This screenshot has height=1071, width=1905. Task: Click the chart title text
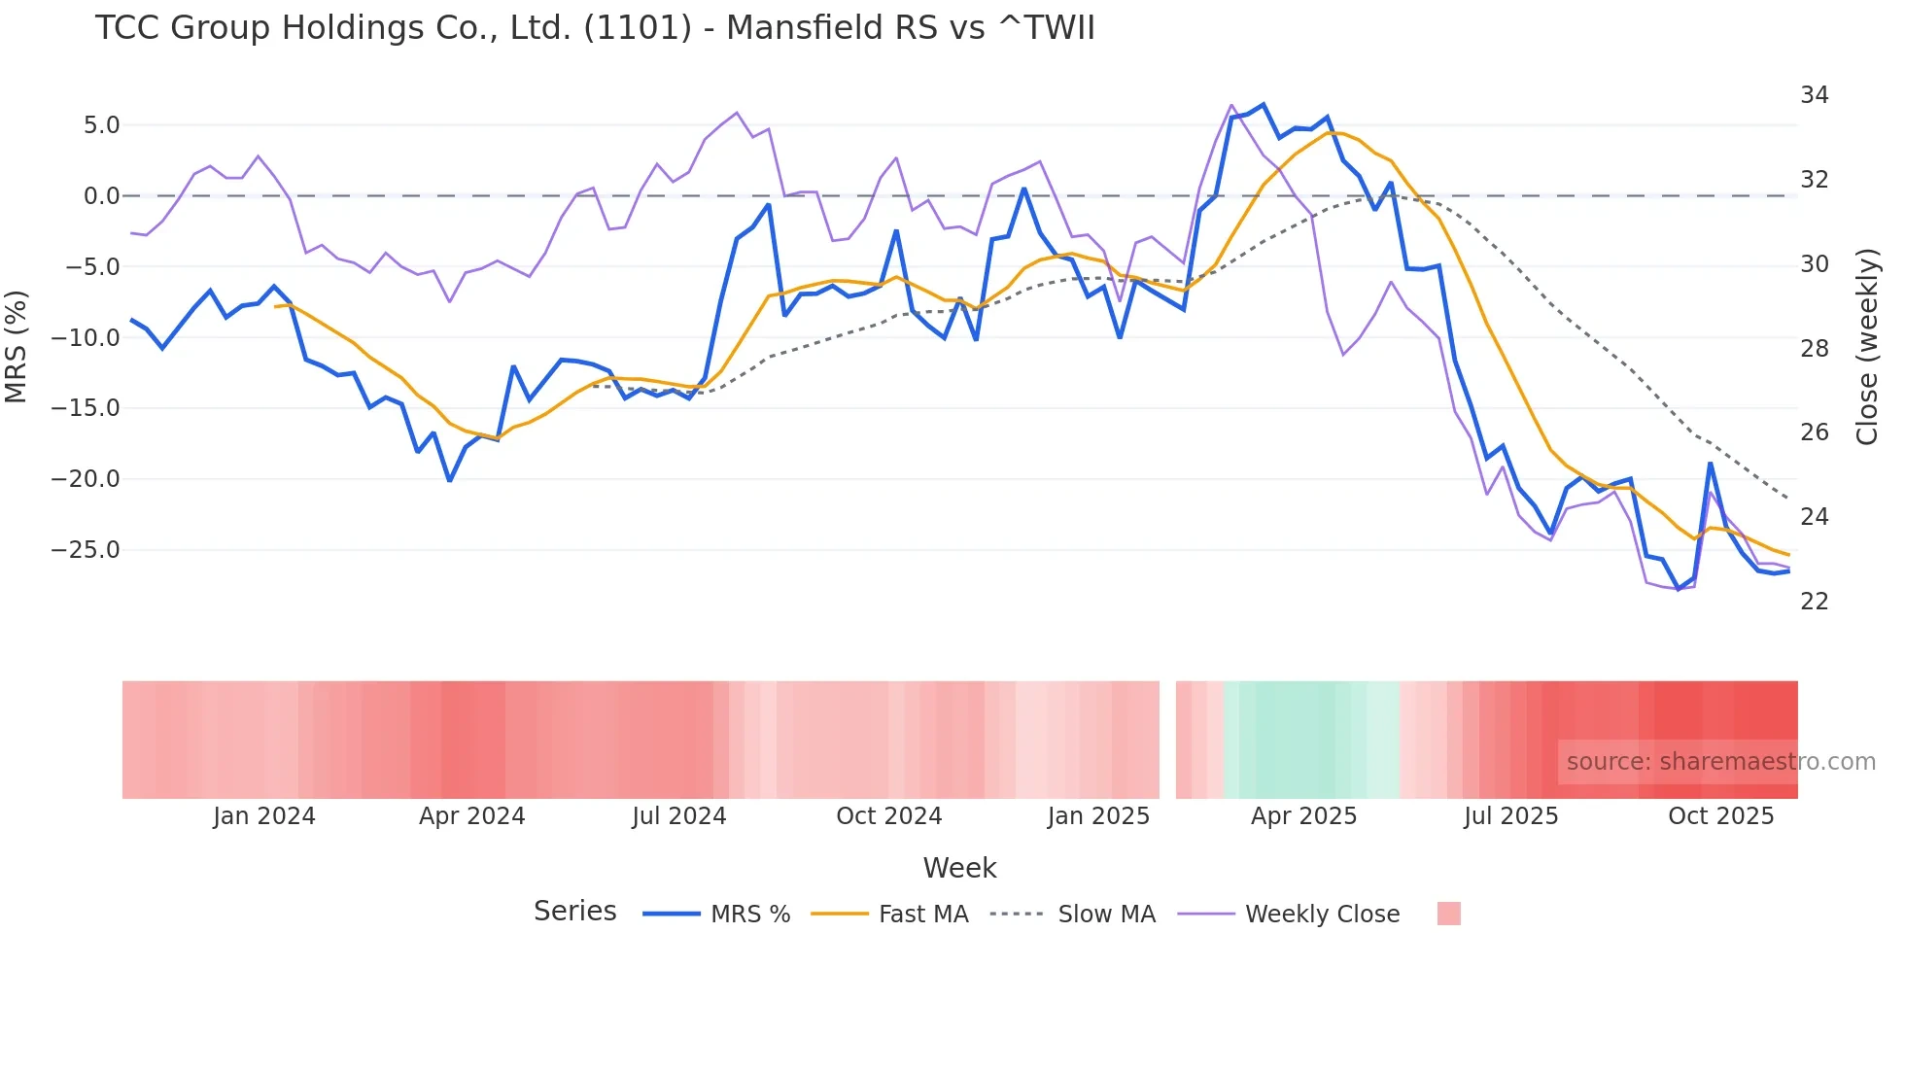coord(595,28)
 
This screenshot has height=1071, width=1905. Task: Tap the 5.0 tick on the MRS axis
coord(101,125)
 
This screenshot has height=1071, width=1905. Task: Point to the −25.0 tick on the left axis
coord(86,550)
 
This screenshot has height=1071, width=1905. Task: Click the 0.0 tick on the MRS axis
coord(101,196)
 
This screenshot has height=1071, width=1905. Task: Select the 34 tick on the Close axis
coord(1814,95)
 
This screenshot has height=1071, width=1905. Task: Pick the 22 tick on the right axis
coord(1814,602)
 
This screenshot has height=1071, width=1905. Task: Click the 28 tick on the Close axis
coord(1814,349)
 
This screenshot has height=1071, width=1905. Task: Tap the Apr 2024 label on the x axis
coord(471,816)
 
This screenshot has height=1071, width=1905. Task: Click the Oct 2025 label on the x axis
coord(1720,816)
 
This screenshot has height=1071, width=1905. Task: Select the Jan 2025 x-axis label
coord(1098,816)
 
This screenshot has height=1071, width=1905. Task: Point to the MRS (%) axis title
coord(17,346)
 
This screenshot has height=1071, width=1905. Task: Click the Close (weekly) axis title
coord(1867,346)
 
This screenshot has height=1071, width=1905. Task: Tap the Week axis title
coord(959,868)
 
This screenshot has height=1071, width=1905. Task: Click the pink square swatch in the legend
coord(1448,914)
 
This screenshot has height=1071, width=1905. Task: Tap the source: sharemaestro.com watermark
coord(1720,762)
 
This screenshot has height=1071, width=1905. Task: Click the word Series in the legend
coord(574,912)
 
